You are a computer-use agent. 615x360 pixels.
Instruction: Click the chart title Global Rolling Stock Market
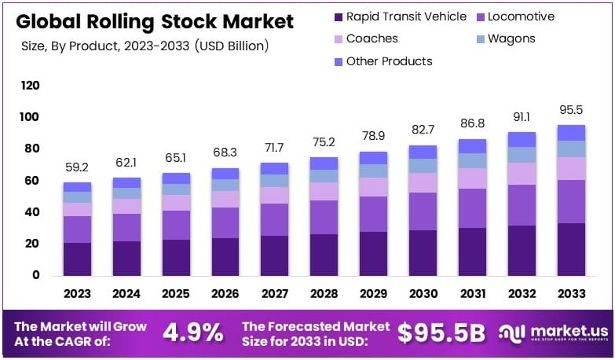pyautogui.click(x=154, y=20)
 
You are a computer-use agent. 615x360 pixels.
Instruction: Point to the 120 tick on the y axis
pyautogui.click(x=31, y=85)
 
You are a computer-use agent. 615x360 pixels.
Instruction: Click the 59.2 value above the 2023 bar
pyautogui.click(x=78, y=167)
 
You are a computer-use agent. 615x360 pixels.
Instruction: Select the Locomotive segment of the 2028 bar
pyautogui.click(x=324, y=217)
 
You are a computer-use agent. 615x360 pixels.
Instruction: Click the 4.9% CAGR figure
pyautogui.click(x=192, y=332)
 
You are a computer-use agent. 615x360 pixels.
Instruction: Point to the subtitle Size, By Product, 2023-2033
pyautogui.click(x=146, y=46)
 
